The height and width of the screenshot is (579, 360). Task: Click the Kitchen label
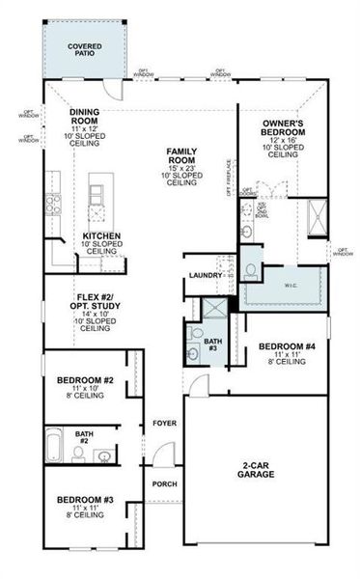(101, 235)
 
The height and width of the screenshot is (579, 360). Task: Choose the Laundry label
(206, 275)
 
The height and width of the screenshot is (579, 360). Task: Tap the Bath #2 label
(85, 437)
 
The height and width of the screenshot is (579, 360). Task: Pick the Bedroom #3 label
(85, 500)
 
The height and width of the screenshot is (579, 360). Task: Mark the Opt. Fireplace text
(229, 177)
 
